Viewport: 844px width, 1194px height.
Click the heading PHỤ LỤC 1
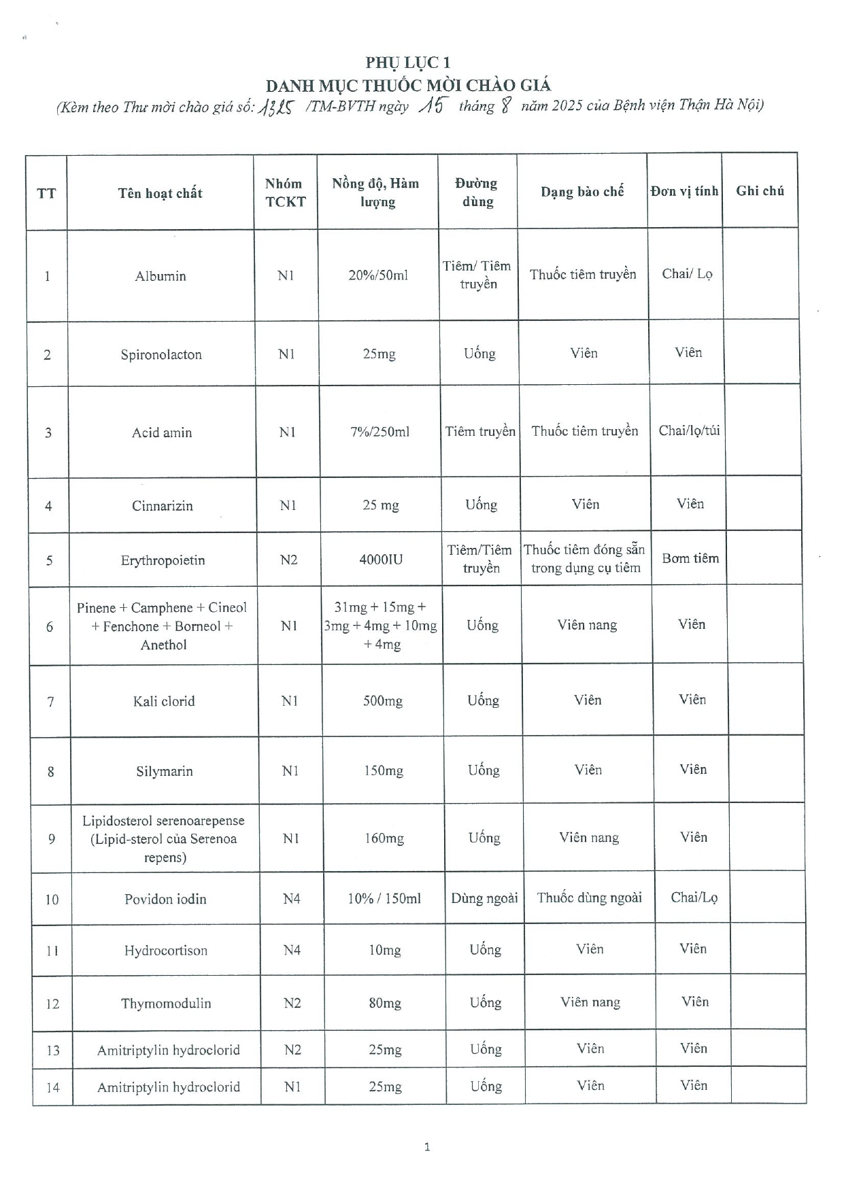click(x=408, y=63)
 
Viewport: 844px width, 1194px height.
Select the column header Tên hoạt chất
click(x=161, y=193)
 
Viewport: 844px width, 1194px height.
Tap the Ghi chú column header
click(x=760, y=191)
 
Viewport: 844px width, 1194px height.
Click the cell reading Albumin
click(x=161, y=276)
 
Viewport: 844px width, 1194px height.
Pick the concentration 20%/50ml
click(x=378, y=275)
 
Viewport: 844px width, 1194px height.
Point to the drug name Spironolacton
click(x=161, y=354)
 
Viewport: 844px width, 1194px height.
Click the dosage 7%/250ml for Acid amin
click(x=380, y=432)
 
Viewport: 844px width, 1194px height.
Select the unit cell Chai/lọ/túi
click(x=689, y=430)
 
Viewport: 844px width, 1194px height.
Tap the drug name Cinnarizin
click(x=163, y=506)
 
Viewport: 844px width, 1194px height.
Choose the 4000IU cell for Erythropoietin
click(x=381, y=560)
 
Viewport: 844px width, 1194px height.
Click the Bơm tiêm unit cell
click(x=690, y=558)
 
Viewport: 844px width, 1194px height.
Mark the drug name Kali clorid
click(x=164, y=701)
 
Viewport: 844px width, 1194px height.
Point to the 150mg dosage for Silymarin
click(x=384, y=771)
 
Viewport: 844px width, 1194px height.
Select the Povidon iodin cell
click(x=165, y=899)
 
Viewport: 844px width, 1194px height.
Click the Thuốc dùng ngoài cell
click(x=589, y=898)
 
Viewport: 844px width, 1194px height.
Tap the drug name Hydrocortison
click(x=166, y=951)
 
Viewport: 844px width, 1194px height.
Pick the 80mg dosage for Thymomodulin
click(x=385, y=1003)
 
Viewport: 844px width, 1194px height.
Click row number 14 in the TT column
click(x=52, y=1087)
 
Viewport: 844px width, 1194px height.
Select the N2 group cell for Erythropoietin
click(x=289, y=560)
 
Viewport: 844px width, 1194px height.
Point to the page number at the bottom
click(x=427, y=1147)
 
